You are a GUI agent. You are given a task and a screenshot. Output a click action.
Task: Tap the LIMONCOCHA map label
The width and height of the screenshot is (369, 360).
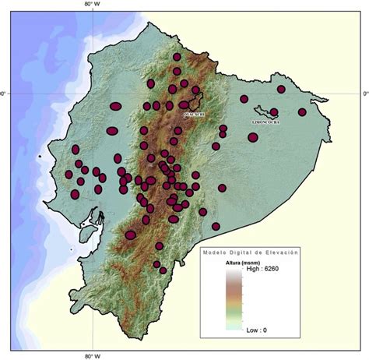tap(265, 122)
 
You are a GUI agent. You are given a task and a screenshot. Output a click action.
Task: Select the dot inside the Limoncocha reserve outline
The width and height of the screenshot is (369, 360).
tap(275, 112)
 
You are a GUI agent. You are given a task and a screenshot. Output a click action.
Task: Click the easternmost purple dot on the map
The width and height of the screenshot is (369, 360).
tap(302, 111)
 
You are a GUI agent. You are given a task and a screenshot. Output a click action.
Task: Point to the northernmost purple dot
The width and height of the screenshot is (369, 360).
tap(178, 57)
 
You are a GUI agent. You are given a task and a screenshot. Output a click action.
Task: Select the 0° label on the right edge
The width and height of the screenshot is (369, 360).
tap(364, 94)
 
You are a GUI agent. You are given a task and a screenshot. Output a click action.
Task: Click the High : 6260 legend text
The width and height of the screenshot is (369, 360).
tap(264, 270)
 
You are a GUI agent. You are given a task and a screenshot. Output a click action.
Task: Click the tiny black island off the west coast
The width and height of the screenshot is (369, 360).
tap(39, 159)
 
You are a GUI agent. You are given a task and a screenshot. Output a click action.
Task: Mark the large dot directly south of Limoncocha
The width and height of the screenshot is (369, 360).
tap(253, 137)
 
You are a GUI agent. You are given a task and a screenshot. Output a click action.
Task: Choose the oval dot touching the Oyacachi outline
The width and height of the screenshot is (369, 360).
tap(184, 104)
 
